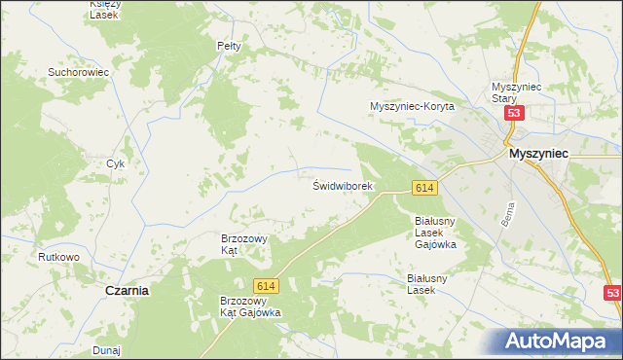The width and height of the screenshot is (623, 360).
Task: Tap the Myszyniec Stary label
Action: pos(516,91)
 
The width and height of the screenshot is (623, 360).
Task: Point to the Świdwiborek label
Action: pos(343,185)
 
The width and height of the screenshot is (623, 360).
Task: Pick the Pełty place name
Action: pos(228,46)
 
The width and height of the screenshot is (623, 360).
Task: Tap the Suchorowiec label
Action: pos(78,72)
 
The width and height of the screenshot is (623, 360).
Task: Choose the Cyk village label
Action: pos(116,163)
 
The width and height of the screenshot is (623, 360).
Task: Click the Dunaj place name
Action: pos(106,349)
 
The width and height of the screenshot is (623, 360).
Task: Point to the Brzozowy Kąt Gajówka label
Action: pos(250,306)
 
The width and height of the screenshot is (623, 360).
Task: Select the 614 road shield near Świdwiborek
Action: pos(422,187)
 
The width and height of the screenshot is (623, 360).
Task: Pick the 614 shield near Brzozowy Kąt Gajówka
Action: pos(265,286)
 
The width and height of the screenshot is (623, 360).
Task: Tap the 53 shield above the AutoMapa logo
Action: pos(611,293)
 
